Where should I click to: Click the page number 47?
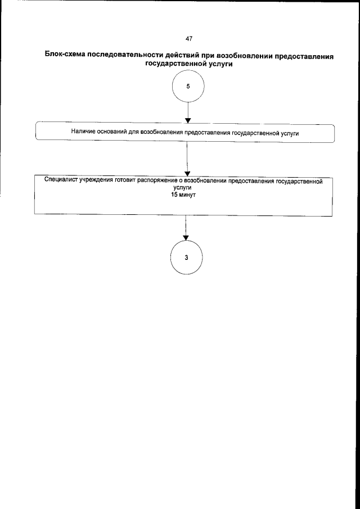(188, 38)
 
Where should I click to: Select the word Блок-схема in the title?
(64, 56)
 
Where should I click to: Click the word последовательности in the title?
(124, 56)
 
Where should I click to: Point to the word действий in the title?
(180, 56)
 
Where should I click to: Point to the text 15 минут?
(186, 195)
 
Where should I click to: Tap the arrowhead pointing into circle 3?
(186, 237)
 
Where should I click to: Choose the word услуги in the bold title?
(221, 65)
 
